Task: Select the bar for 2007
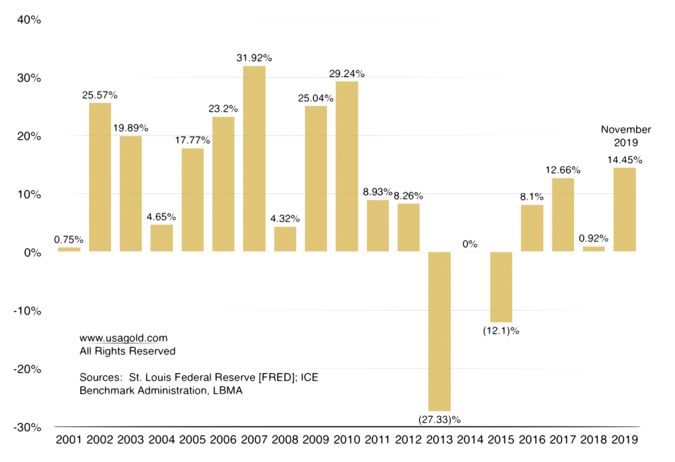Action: point(254,159)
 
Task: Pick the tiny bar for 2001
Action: point(69,249)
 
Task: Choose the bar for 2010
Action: point(347,166)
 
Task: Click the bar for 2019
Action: point(624,209)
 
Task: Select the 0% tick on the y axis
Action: point(32,253)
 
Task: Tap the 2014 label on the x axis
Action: point(470,440)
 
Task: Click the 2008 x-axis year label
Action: point(285,440)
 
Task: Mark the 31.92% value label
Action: point(254,58)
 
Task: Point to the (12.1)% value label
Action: point(500,330)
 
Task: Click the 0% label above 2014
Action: point(469,244)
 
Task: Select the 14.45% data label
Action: point(624,159)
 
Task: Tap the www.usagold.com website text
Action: point(119,338)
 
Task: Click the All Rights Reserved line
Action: point(127,351)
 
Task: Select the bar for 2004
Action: point(161,238)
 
